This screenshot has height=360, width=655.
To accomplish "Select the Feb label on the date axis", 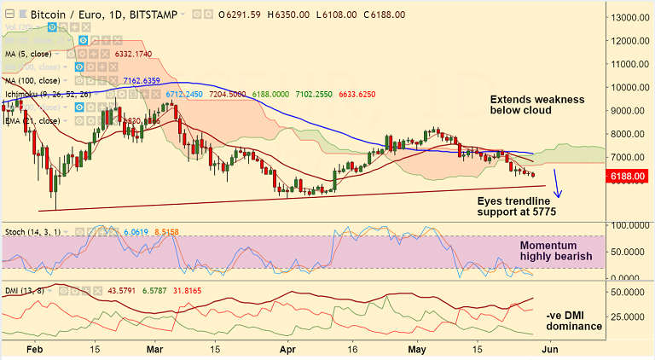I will tap(34, 348).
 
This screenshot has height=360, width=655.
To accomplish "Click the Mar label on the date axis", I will tap(155, 348).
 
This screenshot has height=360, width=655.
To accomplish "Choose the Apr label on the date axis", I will tap(287, 348).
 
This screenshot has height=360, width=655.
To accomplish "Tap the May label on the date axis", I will tap(415, 348).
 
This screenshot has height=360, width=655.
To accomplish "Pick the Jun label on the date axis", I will tap(550, 348).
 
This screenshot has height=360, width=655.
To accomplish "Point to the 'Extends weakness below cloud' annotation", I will tap(536, 106).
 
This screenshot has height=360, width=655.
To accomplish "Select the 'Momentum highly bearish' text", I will tap(556, 250).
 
